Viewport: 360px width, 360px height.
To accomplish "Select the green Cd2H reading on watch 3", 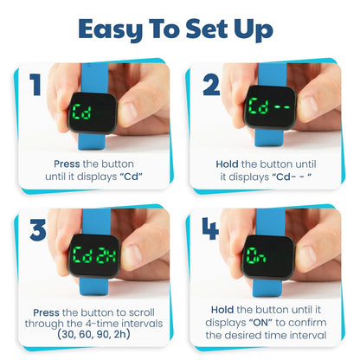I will [94, 257].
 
